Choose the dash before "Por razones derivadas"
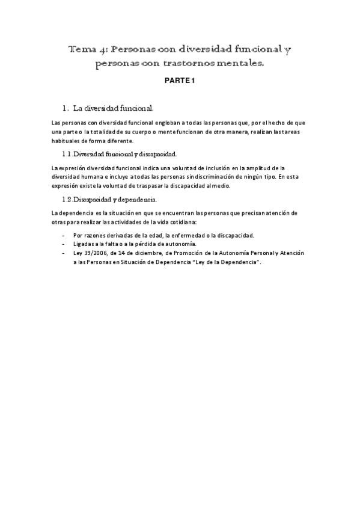64,235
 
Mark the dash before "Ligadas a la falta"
64,244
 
